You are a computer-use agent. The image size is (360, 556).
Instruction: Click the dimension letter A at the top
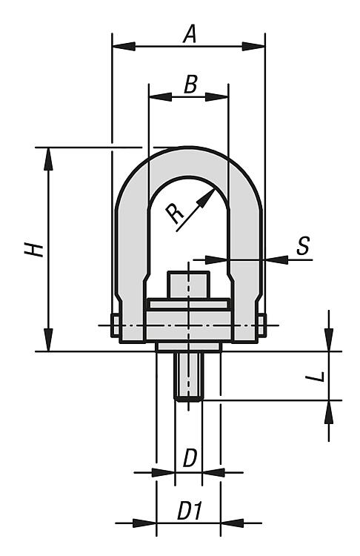pyautogui.click(x=190, y=35)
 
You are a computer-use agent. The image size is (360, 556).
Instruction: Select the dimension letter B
pyautogui.click(x=190, y=85)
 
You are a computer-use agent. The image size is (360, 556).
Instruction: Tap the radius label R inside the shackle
pyautogui.click(x=175, y=214)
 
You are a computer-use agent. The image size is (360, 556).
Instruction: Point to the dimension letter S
pyautogui.click(x=303, y=245)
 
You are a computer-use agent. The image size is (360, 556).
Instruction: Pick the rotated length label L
pyautogui.click(x=316, y=377)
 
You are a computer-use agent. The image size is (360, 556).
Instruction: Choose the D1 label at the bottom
pyautogui.click(x=190, y=512)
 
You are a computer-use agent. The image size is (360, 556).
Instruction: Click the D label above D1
pyautogui.click(x=190, y=458)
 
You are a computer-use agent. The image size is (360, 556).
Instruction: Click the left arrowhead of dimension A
pyautogui.click(x=124, y=46)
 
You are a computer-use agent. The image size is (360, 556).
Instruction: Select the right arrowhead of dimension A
pyautogui.click(x=253, y=46)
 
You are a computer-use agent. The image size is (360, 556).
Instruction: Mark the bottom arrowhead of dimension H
pyautogui.click(x=49, y=340)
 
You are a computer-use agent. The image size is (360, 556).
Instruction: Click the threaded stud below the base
pyautogui.click(x=188, y=377)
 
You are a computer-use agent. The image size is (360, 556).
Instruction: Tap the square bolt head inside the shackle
pyautogui.click(x=188, y=285)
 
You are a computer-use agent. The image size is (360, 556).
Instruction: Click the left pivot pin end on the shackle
pyautogui.click(x=115, y=325)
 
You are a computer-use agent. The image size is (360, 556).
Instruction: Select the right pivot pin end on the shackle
pyautogui.click(x=261, y=325)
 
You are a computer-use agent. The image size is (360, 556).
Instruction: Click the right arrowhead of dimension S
pyautogui.click(x=277, y=260)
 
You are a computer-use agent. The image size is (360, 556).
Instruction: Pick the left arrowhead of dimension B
pyautogui.click(x=161, y=96)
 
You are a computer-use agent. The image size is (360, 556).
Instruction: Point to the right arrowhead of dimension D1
pyautogui.click(x=233, y=523)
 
